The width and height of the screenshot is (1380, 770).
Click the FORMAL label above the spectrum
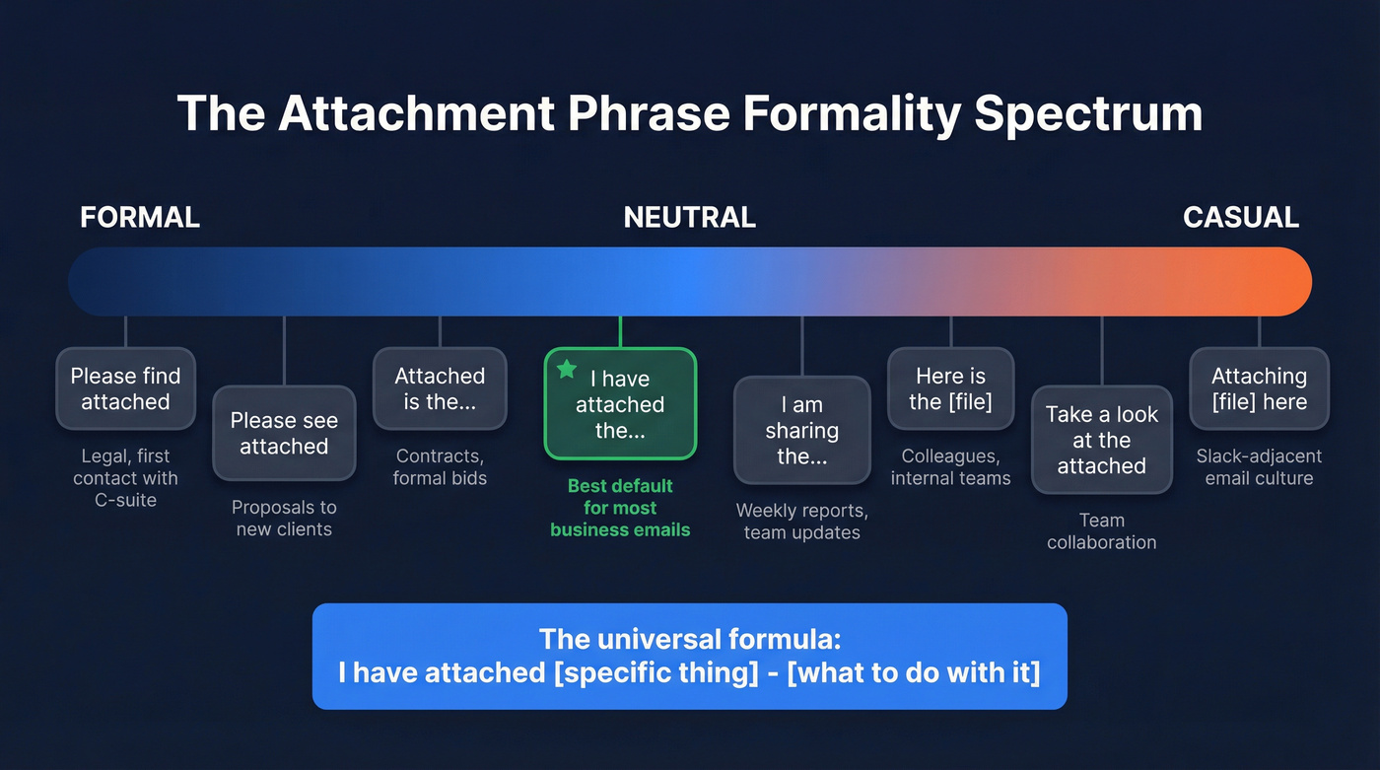[x=140, y=217]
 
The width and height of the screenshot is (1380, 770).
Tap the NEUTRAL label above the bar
[x=689, y=217]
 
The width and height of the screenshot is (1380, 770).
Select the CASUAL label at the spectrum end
[x=1240, y=217]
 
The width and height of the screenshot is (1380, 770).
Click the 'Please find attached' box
[x=125, y=389]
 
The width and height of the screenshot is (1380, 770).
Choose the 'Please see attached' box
[x=284, y=434]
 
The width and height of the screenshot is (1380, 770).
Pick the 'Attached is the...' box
[x=440, y=389]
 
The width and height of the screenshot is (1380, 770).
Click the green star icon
[x=567, y=370]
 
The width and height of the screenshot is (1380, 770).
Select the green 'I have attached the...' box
[x=620, y=405]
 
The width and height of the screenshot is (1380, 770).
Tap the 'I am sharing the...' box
[x=801, y=431]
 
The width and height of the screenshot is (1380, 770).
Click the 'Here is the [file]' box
[x=950, y=389]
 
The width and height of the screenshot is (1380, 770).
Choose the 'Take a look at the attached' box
[x=1101, y=441]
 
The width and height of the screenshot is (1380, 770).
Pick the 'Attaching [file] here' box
[x=1259, y=389]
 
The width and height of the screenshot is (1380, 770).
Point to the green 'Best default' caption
[x=620, y=508]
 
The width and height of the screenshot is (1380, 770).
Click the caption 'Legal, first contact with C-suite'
[x=125, y=478]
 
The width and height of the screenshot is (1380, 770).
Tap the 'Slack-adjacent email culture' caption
[x=1259, y=467]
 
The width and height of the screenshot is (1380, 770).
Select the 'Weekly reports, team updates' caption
[x=801, y=522]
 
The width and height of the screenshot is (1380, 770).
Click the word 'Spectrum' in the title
[x=1088, y=114]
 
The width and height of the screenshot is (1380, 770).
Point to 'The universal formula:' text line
[x=689, y=639]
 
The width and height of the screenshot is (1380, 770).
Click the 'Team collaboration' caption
[x=1101, y=531]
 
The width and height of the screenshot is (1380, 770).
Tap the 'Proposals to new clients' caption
[x=284, y=519]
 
